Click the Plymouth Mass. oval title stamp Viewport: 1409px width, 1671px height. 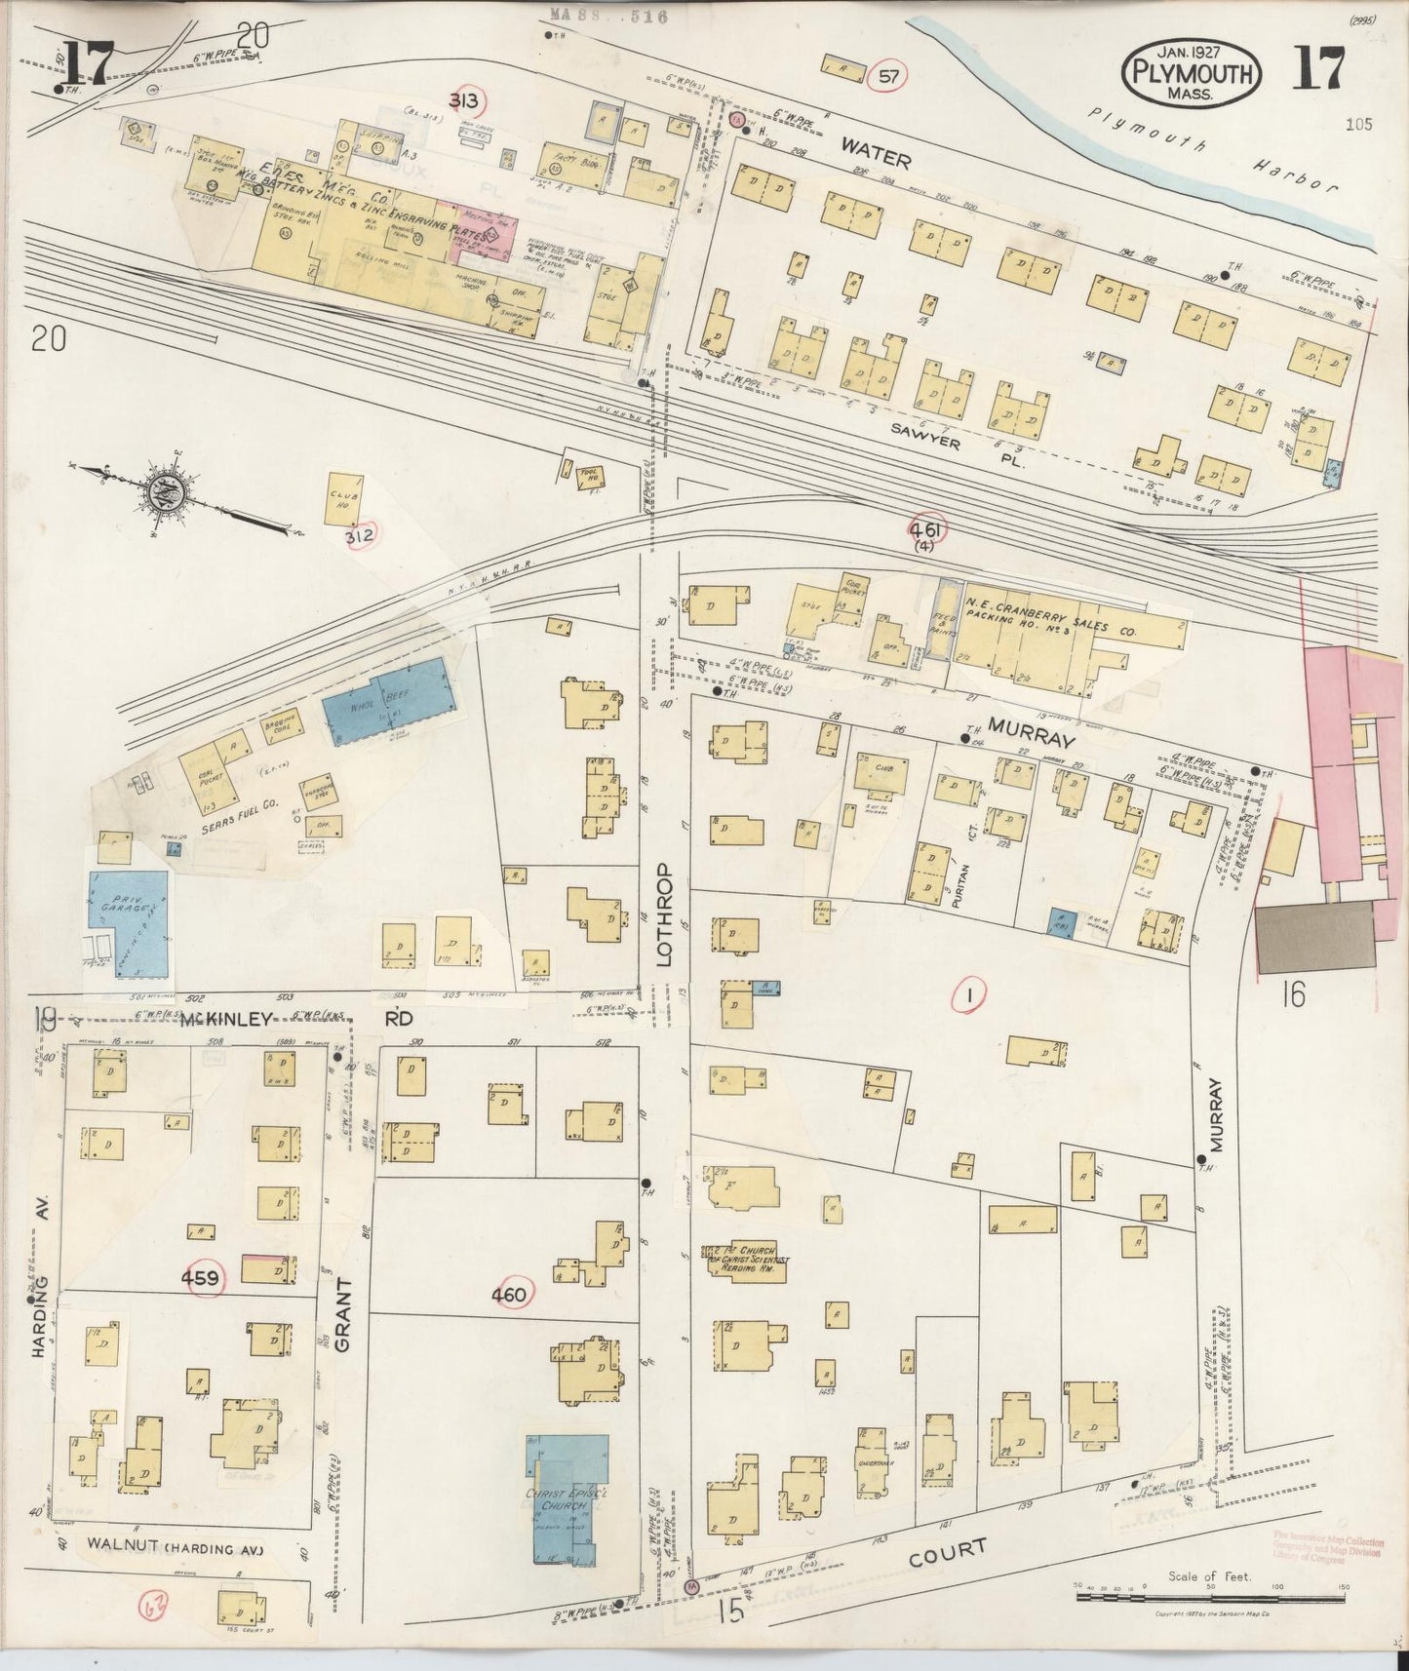click(1192, 74)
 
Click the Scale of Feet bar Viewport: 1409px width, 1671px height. click(1209, 1597)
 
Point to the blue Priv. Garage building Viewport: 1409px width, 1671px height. click(129, 922)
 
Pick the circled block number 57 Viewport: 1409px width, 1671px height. click(886, 76)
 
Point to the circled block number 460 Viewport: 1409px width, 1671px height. click(509, 1295)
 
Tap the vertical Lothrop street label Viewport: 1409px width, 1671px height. click(665, 913)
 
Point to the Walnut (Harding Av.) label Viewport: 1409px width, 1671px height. click(174, 1545)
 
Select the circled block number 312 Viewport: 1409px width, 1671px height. click(358, 535)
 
